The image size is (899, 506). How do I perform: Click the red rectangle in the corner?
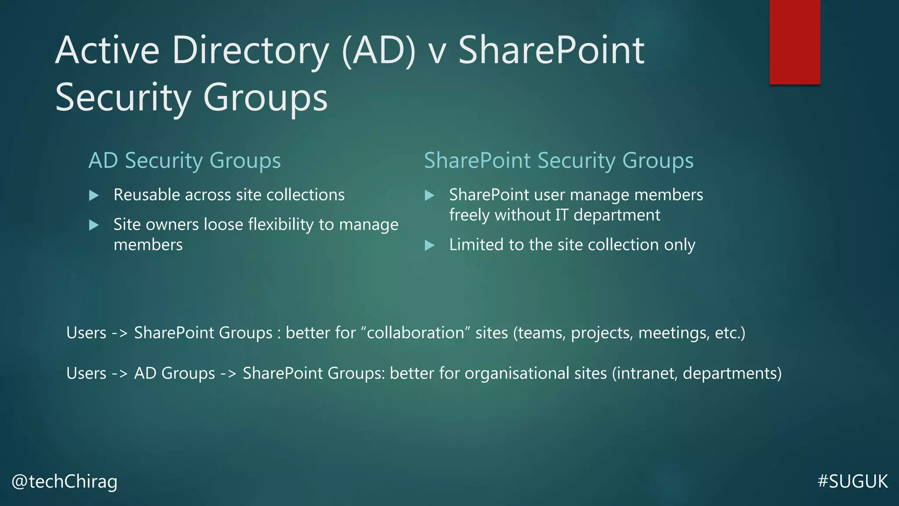(x=795, y=42)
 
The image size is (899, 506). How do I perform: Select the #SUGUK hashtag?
(x=852, y=481)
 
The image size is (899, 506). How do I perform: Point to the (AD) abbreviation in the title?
(x=378, y=51)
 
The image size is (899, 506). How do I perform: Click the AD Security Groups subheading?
(x=184, y=160)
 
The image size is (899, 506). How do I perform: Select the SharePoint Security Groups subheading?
(x=558, y=160)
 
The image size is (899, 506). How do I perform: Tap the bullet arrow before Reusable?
(x=94, y=195)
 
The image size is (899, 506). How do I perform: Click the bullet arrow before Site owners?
(x=94, y=225)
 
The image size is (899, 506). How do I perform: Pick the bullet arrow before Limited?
(x=429, y=245)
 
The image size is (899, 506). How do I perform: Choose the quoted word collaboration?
(x=415, y=333)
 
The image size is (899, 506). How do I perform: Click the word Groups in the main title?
(x=265, y=98)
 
